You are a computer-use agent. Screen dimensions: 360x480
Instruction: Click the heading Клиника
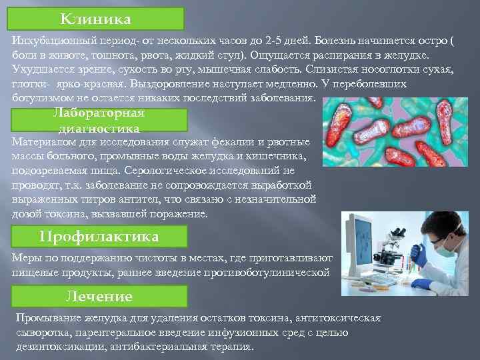95,17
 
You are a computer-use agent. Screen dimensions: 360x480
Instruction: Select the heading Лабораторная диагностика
99,120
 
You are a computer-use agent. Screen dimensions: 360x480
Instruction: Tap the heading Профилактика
99,237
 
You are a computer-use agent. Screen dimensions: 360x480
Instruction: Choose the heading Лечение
99,296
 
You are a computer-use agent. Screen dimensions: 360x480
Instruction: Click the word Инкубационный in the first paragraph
51,40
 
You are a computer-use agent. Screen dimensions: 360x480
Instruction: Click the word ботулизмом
37,98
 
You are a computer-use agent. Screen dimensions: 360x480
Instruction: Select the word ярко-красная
95,84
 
